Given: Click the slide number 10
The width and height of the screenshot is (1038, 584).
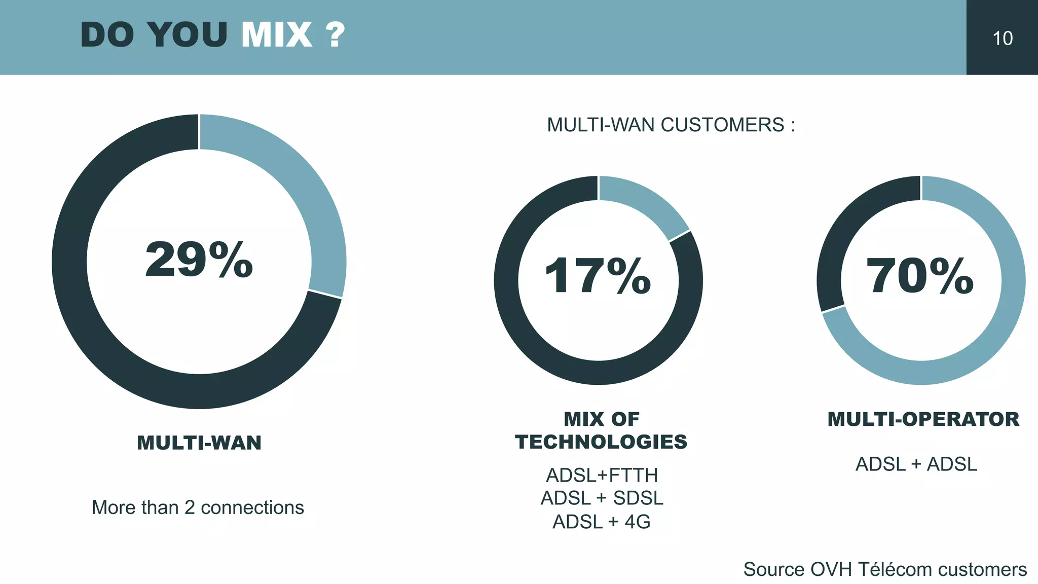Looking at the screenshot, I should point(1002,39).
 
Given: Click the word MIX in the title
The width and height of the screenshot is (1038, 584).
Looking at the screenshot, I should point(277,35).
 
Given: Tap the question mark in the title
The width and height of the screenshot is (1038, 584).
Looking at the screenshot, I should point(335,35).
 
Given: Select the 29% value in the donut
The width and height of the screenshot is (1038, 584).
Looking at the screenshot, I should point(199,260).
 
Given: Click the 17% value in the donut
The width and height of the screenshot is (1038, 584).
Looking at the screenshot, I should point(598,276).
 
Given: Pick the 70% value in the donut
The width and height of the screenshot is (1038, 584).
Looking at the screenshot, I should point(920,276).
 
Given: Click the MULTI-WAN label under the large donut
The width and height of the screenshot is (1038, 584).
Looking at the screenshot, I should point(199,443).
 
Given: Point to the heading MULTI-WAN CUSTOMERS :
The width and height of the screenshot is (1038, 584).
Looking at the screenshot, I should point(671,125).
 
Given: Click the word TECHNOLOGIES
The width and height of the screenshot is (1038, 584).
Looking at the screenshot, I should point(601,442).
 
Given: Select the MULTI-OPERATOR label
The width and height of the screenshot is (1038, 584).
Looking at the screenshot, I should point(923,419).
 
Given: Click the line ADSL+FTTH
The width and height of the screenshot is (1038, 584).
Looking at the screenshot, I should point(602,476).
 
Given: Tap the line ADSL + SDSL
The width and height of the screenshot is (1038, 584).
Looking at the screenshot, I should point(602,498).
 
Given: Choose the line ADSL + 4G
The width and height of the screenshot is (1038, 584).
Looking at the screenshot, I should point(602,522).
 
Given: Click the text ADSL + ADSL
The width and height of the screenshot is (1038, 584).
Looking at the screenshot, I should point(916,464).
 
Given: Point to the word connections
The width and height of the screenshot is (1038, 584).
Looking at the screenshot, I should point(252,507).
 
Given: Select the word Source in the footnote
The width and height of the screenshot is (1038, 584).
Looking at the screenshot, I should point(774,569).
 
